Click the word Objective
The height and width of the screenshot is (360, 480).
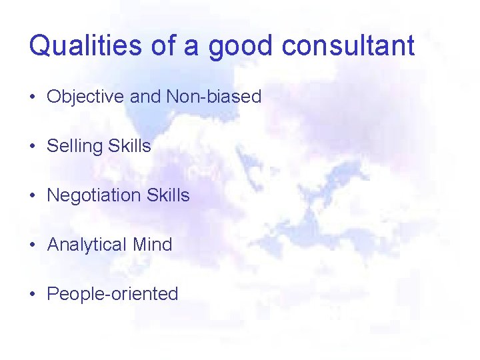click(85, 97)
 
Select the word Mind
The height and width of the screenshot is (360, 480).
click(153, 245)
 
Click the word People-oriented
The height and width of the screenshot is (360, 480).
click(113, 294)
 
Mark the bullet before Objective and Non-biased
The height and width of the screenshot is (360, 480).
click(33, 97)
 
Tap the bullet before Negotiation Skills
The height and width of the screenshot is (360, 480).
click(33, 196)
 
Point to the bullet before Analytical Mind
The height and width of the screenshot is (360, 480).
click(33, 245)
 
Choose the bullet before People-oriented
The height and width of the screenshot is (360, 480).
click(33, 295)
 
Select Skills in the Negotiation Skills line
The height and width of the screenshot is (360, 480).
click(168, 195)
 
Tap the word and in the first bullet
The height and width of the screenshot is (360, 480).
click(145, 97)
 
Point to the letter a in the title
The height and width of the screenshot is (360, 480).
click(193, 47)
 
